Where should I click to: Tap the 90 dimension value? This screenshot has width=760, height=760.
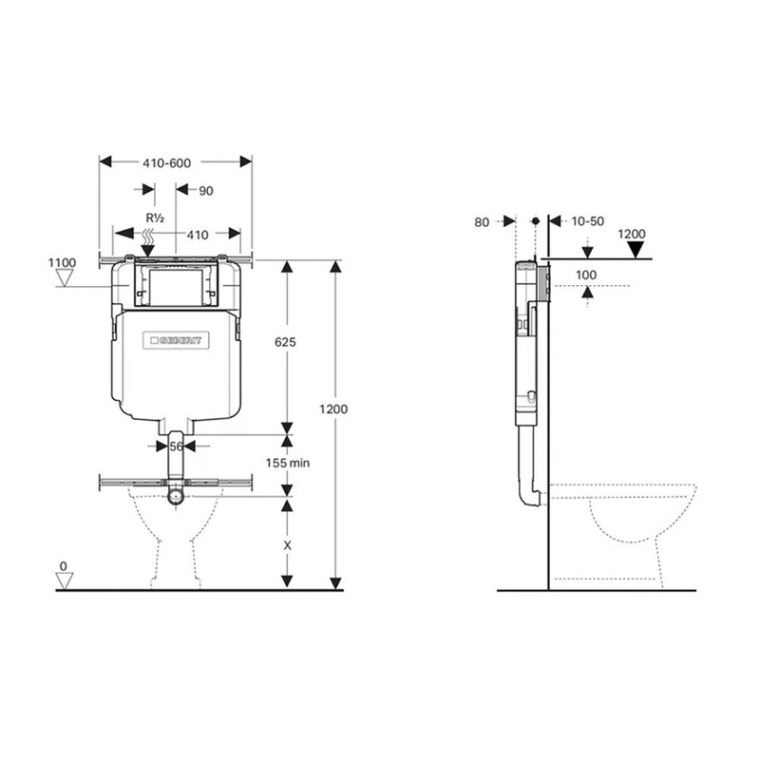205,191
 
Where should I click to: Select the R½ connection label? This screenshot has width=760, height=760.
154,218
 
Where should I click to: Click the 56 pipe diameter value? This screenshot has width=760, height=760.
175,445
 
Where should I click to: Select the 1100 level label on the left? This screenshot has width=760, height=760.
62,261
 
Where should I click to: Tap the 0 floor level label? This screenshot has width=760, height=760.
64,566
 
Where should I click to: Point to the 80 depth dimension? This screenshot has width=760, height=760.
482,221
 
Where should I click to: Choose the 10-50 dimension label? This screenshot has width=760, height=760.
587,221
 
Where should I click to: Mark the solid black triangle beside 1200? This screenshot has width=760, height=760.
632,250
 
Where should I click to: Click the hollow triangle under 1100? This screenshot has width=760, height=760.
66,278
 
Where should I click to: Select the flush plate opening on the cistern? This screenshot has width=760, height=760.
173,286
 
